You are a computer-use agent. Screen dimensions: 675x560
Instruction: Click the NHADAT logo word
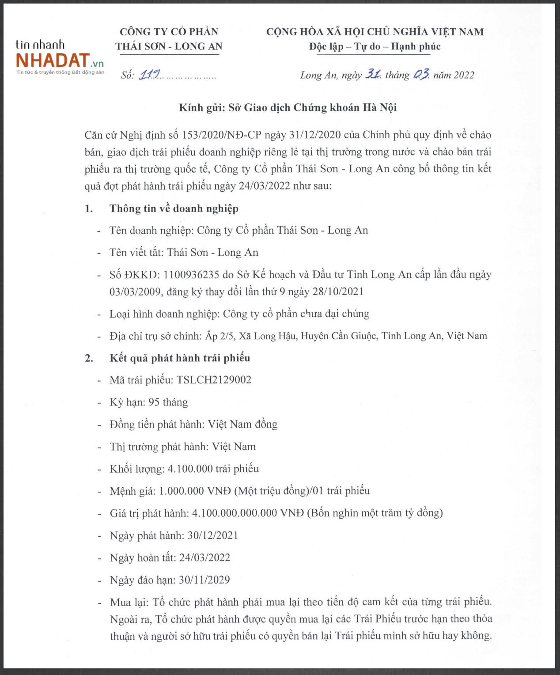[53, 60]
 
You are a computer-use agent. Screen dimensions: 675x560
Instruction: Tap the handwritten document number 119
[149, 75]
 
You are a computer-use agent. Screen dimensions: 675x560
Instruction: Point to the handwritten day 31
[373, 75]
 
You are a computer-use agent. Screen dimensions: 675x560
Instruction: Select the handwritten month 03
[421, 75]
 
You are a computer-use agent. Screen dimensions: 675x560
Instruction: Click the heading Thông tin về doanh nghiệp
[174, 209]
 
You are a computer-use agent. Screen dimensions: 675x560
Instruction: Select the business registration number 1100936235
[191, 274]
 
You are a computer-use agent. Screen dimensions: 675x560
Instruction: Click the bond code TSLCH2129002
[214, 380]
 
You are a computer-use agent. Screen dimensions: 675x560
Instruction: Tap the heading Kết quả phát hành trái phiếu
[180, 358]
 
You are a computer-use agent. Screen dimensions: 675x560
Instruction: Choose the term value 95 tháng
[168, 402]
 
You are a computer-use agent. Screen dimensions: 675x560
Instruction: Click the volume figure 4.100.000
[190, 469]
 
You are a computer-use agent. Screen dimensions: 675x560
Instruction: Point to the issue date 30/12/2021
[213, 535]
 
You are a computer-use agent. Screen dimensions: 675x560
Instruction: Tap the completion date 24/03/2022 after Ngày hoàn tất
[204, 557]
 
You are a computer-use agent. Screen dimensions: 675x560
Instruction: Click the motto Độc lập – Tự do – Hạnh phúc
[375, 46]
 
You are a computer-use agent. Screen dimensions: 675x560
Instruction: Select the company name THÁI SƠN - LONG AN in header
[169, 46]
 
